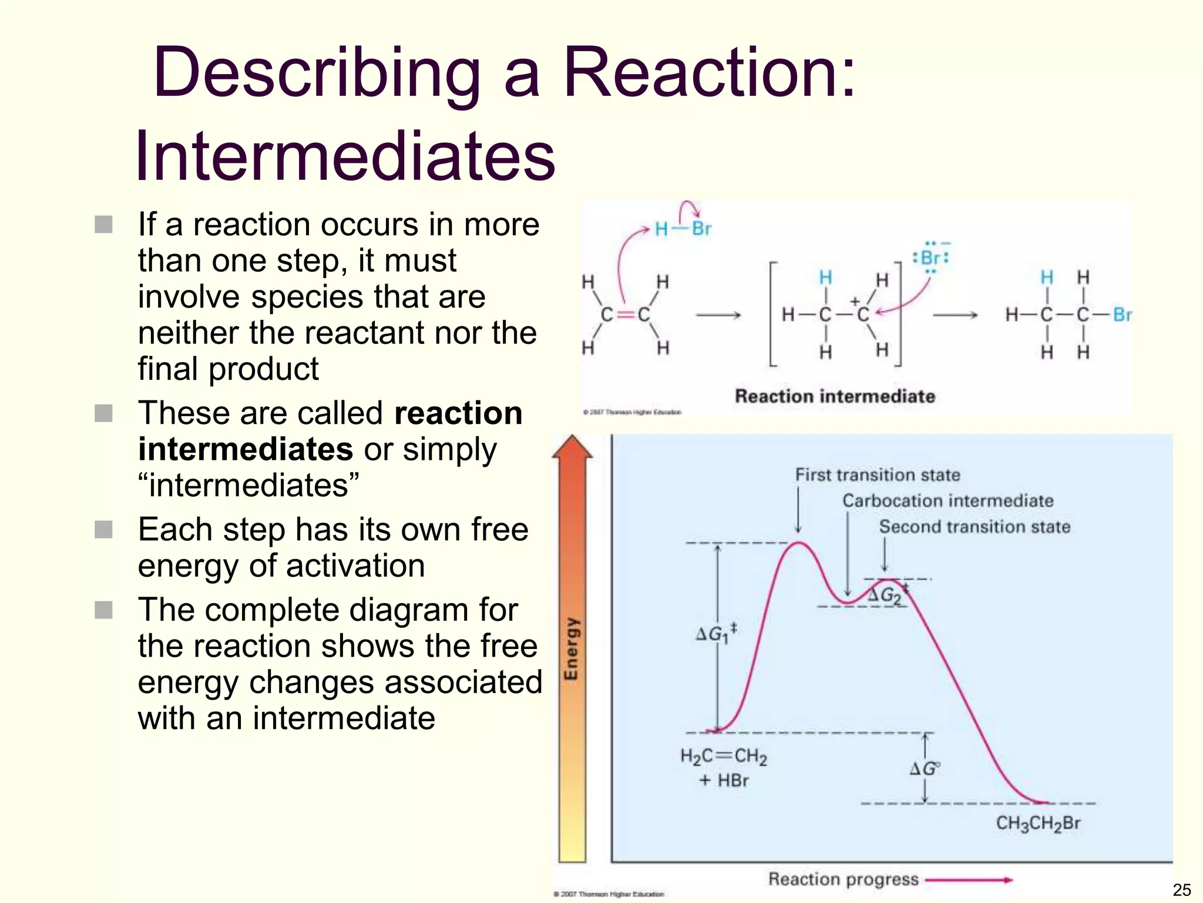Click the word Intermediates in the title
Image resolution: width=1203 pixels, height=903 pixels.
click(345, 157)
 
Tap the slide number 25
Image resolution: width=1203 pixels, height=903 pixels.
click(1181, 889)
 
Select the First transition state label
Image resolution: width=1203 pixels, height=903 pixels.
click(878, 475)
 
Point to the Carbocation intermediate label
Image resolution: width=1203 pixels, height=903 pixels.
click(947, 501)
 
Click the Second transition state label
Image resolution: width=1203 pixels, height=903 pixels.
click(975, 527)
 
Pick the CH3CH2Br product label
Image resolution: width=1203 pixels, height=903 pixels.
click(1038, 824)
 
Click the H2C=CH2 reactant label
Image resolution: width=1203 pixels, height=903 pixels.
click(724, 757)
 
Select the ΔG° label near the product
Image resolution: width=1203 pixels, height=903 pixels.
click(925, 768)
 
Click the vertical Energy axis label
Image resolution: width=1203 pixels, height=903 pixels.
click(572, 648)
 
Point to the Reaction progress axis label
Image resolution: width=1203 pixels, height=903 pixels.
click(843, 879)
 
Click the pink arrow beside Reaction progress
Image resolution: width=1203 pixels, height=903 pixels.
click(969, 880)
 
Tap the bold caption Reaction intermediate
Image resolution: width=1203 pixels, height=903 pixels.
click(835, 396)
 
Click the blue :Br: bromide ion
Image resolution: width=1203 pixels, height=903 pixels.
click(930, 258)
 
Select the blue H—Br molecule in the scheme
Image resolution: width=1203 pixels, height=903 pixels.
click(683, 229)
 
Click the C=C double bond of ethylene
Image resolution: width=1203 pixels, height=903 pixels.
click(626, 315)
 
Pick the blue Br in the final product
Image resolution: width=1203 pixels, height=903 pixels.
click(1122, 315)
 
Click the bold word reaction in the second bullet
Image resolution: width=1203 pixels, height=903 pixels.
click(458, 413)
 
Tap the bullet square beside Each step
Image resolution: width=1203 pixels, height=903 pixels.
click(103, 530)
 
